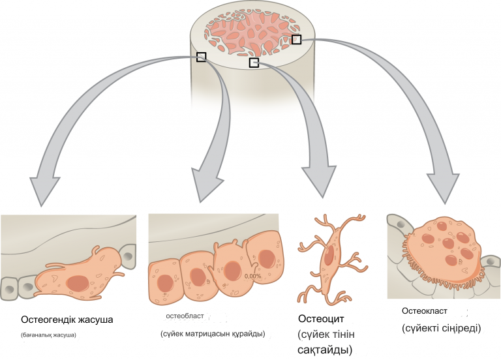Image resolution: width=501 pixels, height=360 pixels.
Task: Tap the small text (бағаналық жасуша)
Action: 49,336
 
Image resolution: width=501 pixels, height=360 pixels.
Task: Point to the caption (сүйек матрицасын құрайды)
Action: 212,334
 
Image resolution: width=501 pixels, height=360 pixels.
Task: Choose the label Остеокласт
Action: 425,312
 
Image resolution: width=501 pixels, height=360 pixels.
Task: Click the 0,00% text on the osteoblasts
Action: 253,276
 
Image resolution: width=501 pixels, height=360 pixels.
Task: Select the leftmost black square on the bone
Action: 201,57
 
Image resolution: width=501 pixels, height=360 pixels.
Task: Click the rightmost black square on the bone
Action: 296,40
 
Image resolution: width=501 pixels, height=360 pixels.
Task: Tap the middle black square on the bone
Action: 254,63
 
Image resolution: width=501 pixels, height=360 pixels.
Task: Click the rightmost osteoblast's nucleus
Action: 266,259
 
